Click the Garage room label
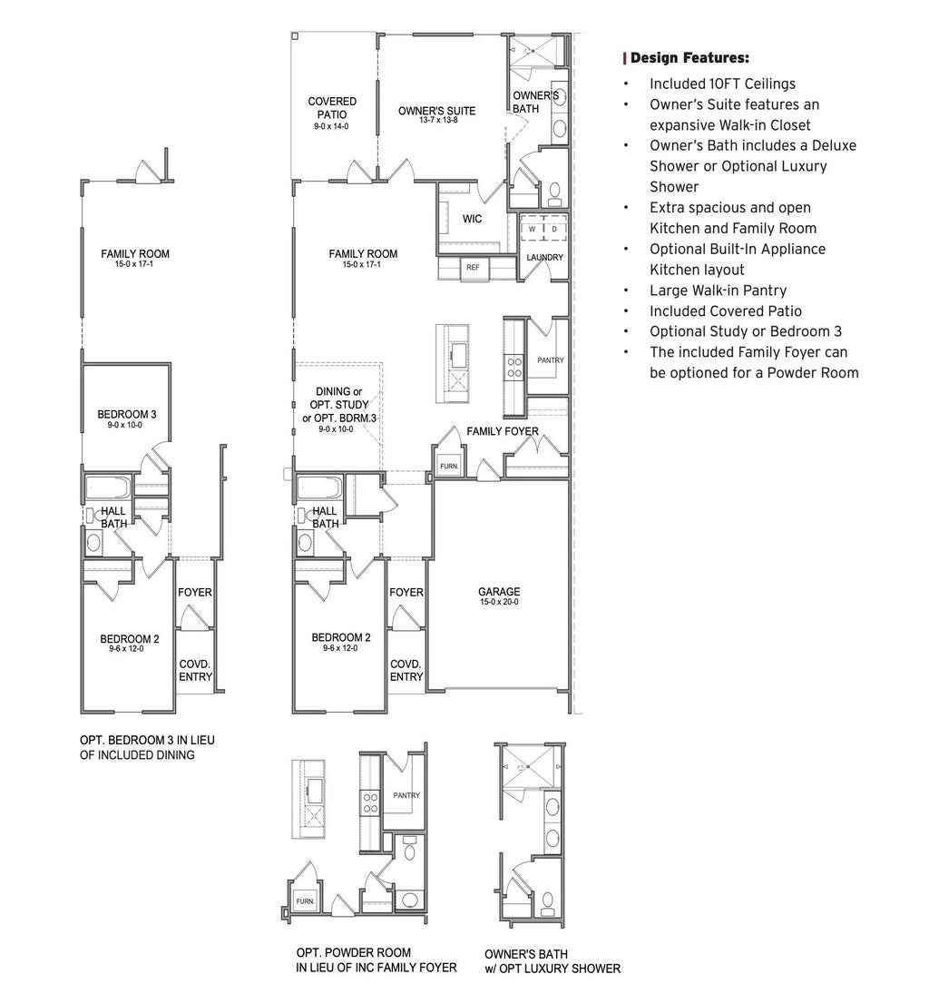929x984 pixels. click(499, 592)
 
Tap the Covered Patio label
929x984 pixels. click(332, 108)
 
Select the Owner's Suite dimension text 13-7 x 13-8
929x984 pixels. click(436, 121)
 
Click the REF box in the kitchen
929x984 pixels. click(472, 267)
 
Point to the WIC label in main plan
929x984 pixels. click(472, 219)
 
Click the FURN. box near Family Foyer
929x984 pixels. click(449, 466)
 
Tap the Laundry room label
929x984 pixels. click(545, 257)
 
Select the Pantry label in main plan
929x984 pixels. click(550, 360)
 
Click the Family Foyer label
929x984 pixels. click(503, 431)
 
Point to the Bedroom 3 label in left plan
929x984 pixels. click(127, 415)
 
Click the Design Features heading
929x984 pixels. click(689, 58)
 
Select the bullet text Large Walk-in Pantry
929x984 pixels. click(718, 290)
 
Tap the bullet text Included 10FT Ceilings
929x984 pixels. click(722, 84)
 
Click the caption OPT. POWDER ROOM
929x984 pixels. click(354, 952)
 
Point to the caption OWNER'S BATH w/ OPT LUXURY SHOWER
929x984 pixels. click(553, 961)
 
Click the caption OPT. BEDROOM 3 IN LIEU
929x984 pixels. click(148, 740)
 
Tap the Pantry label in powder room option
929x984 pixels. click(406, 795)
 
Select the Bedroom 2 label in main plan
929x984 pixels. click(340, 637)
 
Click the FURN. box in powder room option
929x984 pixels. click(304, 901)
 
